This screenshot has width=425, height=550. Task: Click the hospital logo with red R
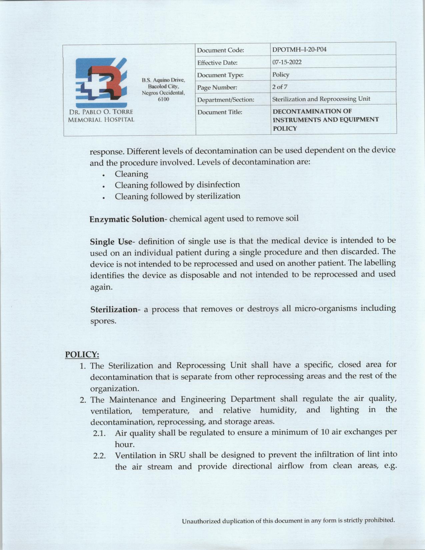[101, 81]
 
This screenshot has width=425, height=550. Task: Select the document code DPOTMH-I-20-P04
[299, 50]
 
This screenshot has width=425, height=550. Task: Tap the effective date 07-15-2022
[287, 62]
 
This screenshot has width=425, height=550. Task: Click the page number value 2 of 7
[280, 87]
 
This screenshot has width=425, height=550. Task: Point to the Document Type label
[220, 75]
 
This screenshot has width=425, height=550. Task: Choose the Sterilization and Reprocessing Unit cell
[321, 99]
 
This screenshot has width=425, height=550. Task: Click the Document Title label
[220, 112]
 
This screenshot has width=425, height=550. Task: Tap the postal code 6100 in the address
[163, 99]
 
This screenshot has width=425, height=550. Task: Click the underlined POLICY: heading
[82, 354]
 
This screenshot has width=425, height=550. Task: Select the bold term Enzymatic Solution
[127, 219]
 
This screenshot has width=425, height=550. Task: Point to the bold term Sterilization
[114, 309]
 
